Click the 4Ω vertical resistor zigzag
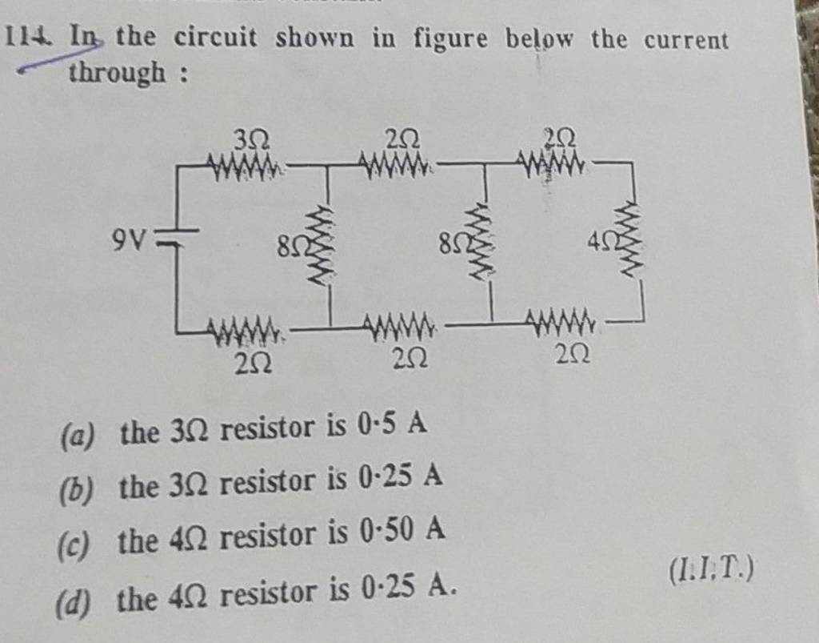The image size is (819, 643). pos(628,241)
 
